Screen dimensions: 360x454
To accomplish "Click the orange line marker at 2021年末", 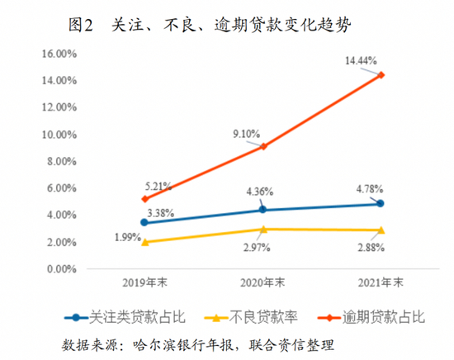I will click(x=381, y=75).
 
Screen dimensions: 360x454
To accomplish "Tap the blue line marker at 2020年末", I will click(x=262, y=210).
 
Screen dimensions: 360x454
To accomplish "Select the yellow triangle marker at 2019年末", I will click(x=144, y=242).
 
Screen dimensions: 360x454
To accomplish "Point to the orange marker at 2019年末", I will click(x=144, y=199).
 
